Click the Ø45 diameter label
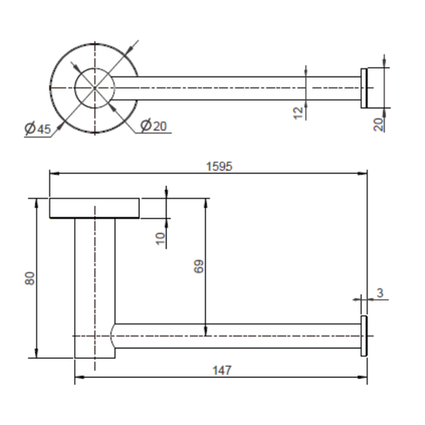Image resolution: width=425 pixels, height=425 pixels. (37, 128)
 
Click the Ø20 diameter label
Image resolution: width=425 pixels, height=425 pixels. (154, 126)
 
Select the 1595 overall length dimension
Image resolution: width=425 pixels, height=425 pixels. (219, 167)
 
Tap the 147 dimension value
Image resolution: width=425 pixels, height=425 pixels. (222, 370)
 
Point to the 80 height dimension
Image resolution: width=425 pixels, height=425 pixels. (30, 278)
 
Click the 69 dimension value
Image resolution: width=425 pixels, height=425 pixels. (199, 266)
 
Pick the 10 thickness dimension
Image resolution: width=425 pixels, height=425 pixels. (161, 238)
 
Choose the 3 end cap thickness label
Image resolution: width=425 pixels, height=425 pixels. (380, 293)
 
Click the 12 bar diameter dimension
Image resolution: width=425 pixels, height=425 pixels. (298, 113)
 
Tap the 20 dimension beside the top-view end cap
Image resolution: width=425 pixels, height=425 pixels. (379, 124)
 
